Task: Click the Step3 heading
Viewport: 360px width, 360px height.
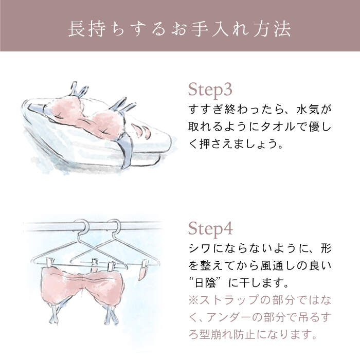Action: (x=210, y=89)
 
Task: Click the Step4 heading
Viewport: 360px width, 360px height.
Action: (x=210, y=228)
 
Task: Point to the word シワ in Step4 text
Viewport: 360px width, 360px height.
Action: (x=197, y=248)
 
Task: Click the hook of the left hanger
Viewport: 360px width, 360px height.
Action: (x=82, y=226)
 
